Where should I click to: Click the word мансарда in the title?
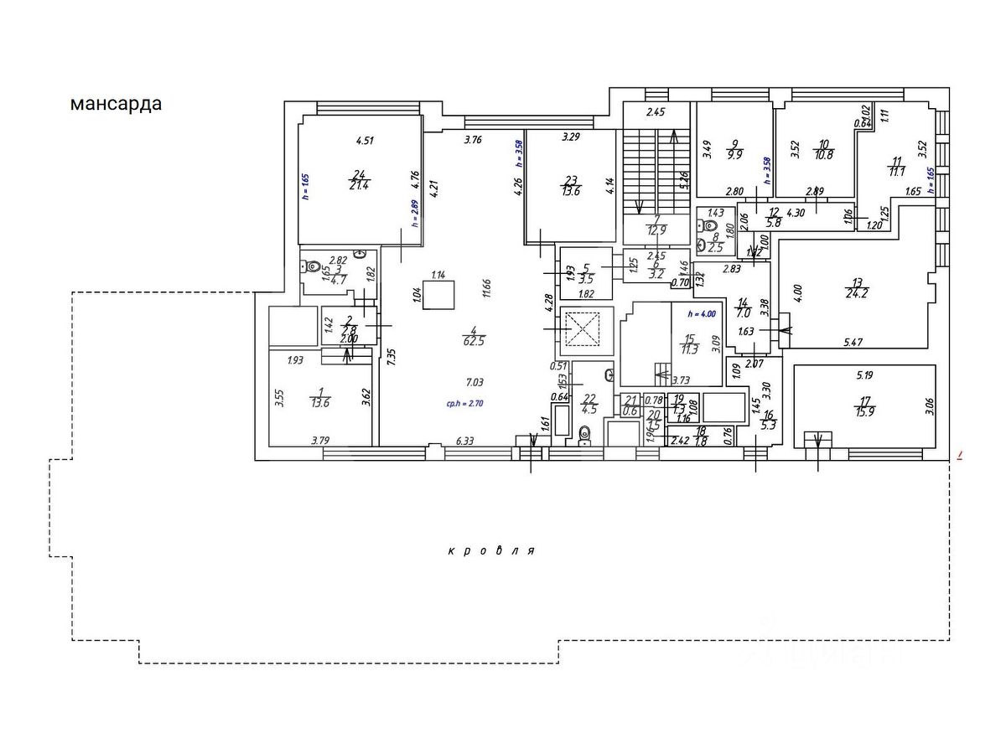116,104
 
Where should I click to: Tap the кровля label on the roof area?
491,551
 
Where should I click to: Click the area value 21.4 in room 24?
360,185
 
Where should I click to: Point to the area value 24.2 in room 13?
857,293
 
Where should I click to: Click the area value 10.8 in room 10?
825,154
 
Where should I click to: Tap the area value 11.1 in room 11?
897,171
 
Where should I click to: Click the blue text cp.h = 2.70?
465,403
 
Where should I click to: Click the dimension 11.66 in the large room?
486,287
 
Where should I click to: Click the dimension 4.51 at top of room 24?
364,141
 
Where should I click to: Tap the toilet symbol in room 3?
312,268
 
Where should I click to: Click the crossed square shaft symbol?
584,328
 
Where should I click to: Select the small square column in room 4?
438,296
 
